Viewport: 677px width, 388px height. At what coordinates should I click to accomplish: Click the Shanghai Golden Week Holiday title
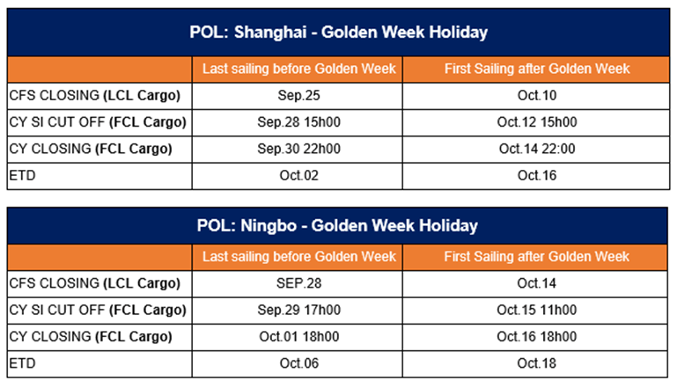coord(338,33)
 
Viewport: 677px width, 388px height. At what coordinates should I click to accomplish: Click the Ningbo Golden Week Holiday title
coord(337,226)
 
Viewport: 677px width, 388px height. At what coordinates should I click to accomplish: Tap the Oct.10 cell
coord(537,95)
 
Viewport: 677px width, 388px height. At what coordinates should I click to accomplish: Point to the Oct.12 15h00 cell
coord(537,122)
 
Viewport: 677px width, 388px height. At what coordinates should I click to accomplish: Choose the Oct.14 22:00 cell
coord(537,149)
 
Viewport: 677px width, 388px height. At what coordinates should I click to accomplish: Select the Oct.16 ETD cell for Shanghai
coord(537,176)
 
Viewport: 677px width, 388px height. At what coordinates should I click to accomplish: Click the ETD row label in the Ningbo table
coord(23,364)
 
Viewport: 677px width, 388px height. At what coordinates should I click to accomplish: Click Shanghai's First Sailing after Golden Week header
coord(537,69)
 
